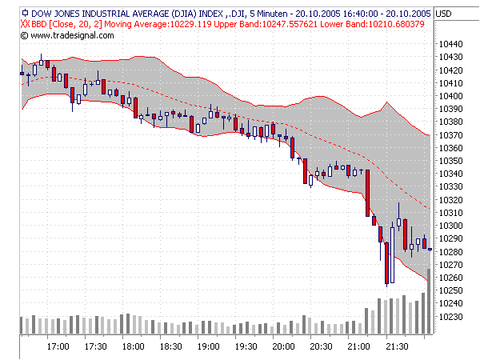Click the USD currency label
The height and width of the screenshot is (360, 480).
pos(444,14)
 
